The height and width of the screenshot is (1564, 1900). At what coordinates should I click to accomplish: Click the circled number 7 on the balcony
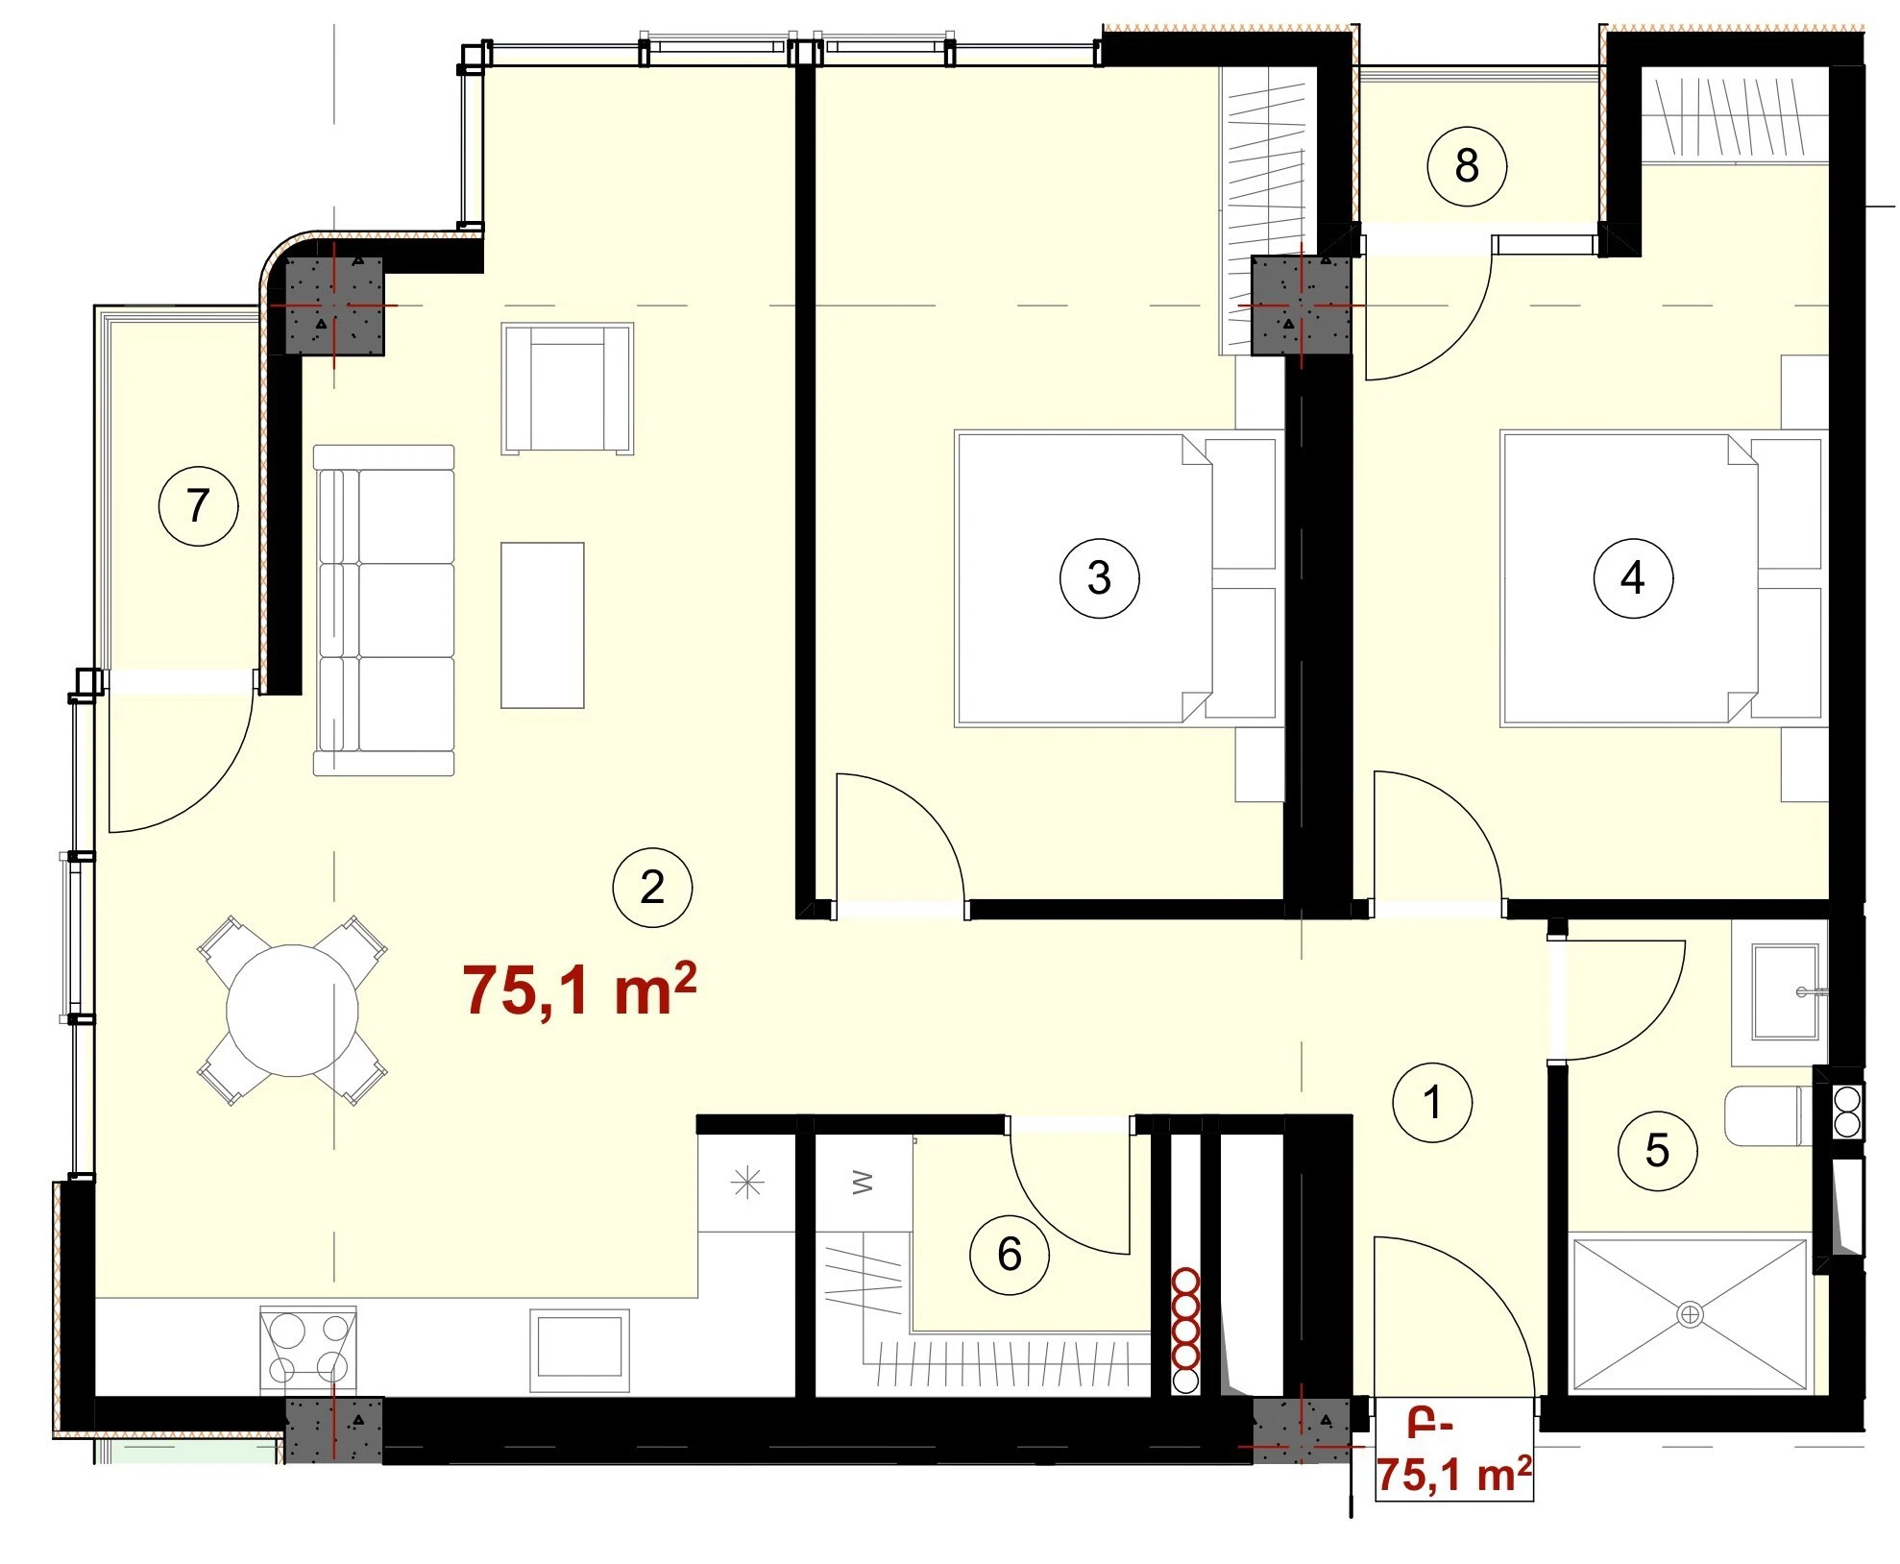[198, 505]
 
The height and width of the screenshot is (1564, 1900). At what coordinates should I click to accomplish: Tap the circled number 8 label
[1466, 165]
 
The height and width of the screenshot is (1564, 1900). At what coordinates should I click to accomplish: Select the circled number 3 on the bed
[1099, 577]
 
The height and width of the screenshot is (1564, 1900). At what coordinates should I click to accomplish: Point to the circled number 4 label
[1632, 577]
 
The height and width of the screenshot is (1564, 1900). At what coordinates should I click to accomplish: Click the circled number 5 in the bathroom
[1657, 1150]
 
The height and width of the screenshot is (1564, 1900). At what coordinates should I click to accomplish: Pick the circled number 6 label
[1009, 1254]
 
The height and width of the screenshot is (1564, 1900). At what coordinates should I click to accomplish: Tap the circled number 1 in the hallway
[1432, 1102]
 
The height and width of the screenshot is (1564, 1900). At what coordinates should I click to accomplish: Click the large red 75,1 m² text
[579, 990]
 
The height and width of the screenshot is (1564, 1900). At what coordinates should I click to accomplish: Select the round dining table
[292, 1011]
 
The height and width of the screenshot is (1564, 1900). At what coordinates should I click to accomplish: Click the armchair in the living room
[567, 388]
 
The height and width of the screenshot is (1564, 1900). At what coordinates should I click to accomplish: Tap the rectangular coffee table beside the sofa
[543, 625]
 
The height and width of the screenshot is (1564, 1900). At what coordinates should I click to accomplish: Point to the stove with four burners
[308, 1348]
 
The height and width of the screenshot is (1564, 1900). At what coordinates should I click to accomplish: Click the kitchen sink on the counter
[579, 1348]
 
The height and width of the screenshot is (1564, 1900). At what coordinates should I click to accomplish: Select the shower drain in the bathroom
[1690, 1314]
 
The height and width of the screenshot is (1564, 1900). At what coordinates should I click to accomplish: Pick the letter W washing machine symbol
[863, 1183]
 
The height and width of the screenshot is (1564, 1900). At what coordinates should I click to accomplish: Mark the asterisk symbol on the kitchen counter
[747, 1184]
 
